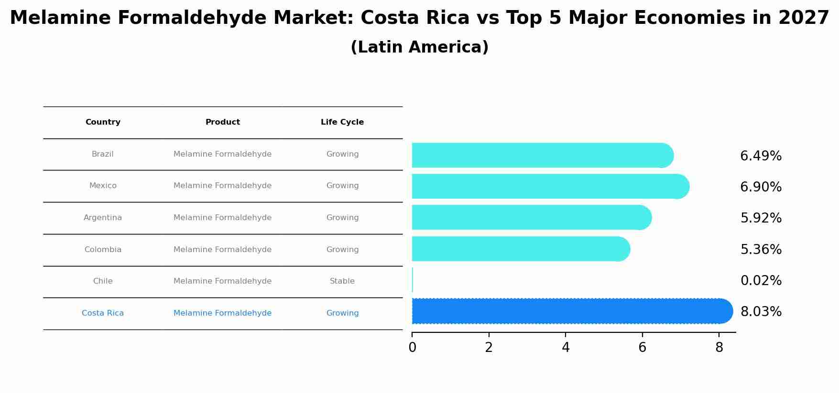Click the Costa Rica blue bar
(x=571, y=311)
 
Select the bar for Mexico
(x=550, y=186)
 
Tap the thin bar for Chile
(x=413, y=280)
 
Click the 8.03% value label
(x=761, y=312)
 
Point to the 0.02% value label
(x=761, y=281)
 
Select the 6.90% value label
(x=761, y=187)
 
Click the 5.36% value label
(x=761, y=250)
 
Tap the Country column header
(x=103, y=122)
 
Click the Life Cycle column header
(x=342, y=122)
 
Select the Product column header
(x=223, y=122)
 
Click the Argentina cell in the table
(x=103, y=218)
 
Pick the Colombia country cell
(x=103, y=250)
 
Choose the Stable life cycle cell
(x=342, y=281)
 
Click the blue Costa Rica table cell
(x=103, y=313)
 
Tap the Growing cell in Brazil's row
(x=342, y=154)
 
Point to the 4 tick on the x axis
(x=566, y=348)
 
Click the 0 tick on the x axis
(x=412, y=348)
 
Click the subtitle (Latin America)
(x=419, y=47)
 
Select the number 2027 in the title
(x=803, y=18)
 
